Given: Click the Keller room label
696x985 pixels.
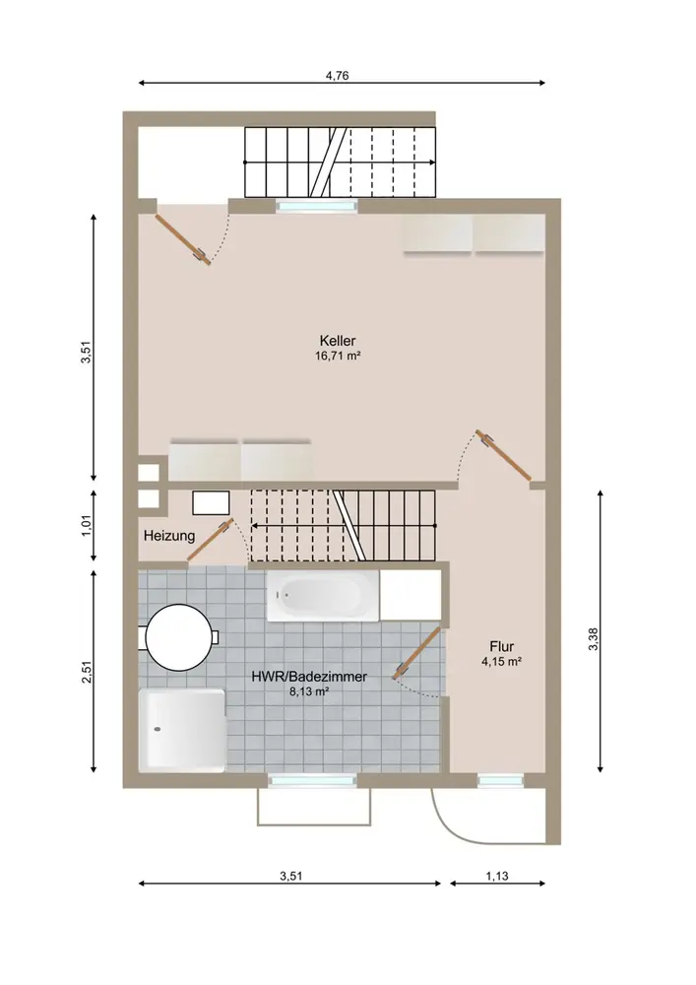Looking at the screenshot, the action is (x=338, y=341).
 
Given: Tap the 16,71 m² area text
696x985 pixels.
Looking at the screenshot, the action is (x=338, y=357).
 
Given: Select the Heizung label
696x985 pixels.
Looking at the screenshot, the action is (x=169, y=537).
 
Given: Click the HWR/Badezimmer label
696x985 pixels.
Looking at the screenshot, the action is (x=309, y=678).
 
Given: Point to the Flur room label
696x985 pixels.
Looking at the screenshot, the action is (x=502, y=646).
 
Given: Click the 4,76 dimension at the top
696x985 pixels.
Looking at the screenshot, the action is (x=337, y=76).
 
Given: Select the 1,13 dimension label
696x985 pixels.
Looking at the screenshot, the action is (x=497, y=876).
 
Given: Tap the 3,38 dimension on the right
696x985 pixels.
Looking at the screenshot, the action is (x=593, y=639).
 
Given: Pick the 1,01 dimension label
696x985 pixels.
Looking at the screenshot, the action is (x=87, y=526).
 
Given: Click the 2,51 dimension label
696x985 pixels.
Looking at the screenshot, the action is (x=87, y=671).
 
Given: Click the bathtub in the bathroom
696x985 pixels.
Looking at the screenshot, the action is (x=323, y=596).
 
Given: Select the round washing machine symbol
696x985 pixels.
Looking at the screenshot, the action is (x=178, y=637).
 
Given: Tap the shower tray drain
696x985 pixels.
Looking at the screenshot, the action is (x=157, y=729).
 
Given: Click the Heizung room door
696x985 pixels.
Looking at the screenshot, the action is (x=211, y=540).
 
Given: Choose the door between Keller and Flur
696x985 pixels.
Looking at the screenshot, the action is (x=503, y=455).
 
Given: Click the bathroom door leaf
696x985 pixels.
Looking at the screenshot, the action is (x=416, y=652).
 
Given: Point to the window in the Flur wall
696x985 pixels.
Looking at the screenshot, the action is (x=500, y=781).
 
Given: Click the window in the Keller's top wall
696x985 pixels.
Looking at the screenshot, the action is (x=317, y=205).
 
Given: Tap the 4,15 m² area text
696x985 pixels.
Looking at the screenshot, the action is (x=502, y=662).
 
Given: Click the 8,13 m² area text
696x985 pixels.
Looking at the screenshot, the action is (x=309, y=692).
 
